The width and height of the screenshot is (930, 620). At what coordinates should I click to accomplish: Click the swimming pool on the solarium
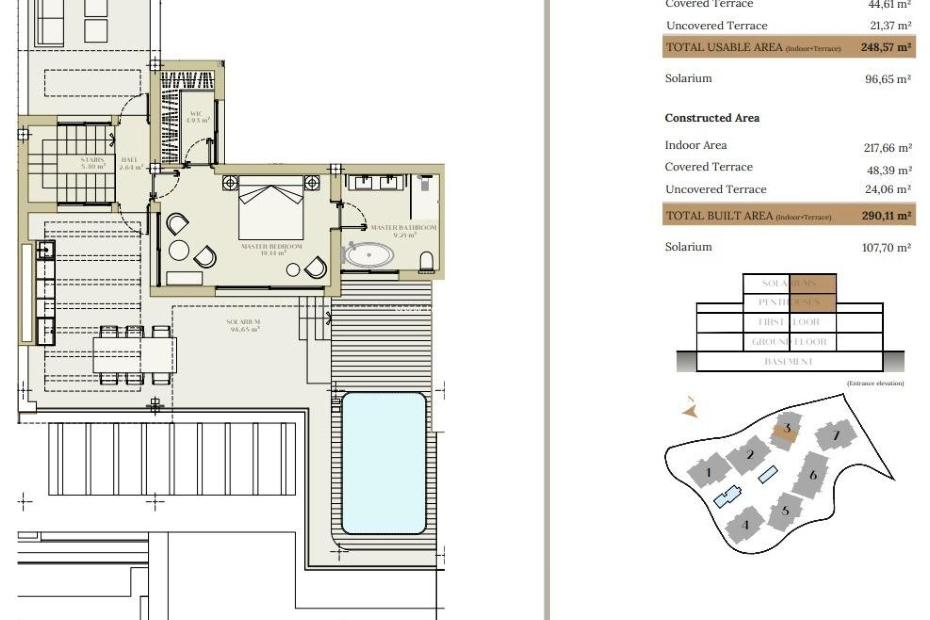tap(384, 463)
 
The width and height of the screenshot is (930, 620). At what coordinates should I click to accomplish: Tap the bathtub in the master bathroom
tap(369, 255)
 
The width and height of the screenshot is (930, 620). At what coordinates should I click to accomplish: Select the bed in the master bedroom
tap(271, 208)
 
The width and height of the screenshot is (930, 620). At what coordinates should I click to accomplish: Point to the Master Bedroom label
tap(271, 249)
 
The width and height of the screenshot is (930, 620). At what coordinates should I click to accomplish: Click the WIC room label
tap(198, 117)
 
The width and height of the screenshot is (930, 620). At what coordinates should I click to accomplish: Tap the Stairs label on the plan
tap(92, 163)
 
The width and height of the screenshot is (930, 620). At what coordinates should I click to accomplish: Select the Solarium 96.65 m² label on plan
tap(244, 325)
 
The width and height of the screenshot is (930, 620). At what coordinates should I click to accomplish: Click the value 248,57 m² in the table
tap(885, 47)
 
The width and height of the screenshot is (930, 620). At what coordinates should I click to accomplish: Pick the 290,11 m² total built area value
tap(885, 216)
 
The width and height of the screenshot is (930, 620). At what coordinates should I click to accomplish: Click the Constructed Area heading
tap(712, 118)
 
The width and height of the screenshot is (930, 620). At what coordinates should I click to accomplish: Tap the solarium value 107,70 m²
tap(886, 248)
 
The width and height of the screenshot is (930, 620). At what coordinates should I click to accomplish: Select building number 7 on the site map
tap(836, 435)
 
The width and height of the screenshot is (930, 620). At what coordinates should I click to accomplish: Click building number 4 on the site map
tap(745, 525)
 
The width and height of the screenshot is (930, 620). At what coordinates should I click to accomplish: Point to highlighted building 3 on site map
tap(787, 429)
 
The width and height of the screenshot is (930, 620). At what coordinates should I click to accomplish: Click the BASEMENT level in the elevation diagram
tap(789, 362)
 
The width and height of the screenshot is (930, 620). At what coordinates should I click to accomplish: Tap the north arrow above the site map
tap(690, 409)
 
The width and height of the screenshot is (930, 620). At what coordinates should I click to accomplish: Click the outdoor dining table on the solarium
tap(135, 355)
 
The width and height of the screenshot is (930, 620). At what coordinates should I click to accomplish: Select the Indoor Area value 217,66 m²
tap(887, 148)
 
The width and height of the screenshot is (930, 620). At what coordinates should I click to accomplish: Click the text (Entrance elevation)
tap(875, 383)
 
